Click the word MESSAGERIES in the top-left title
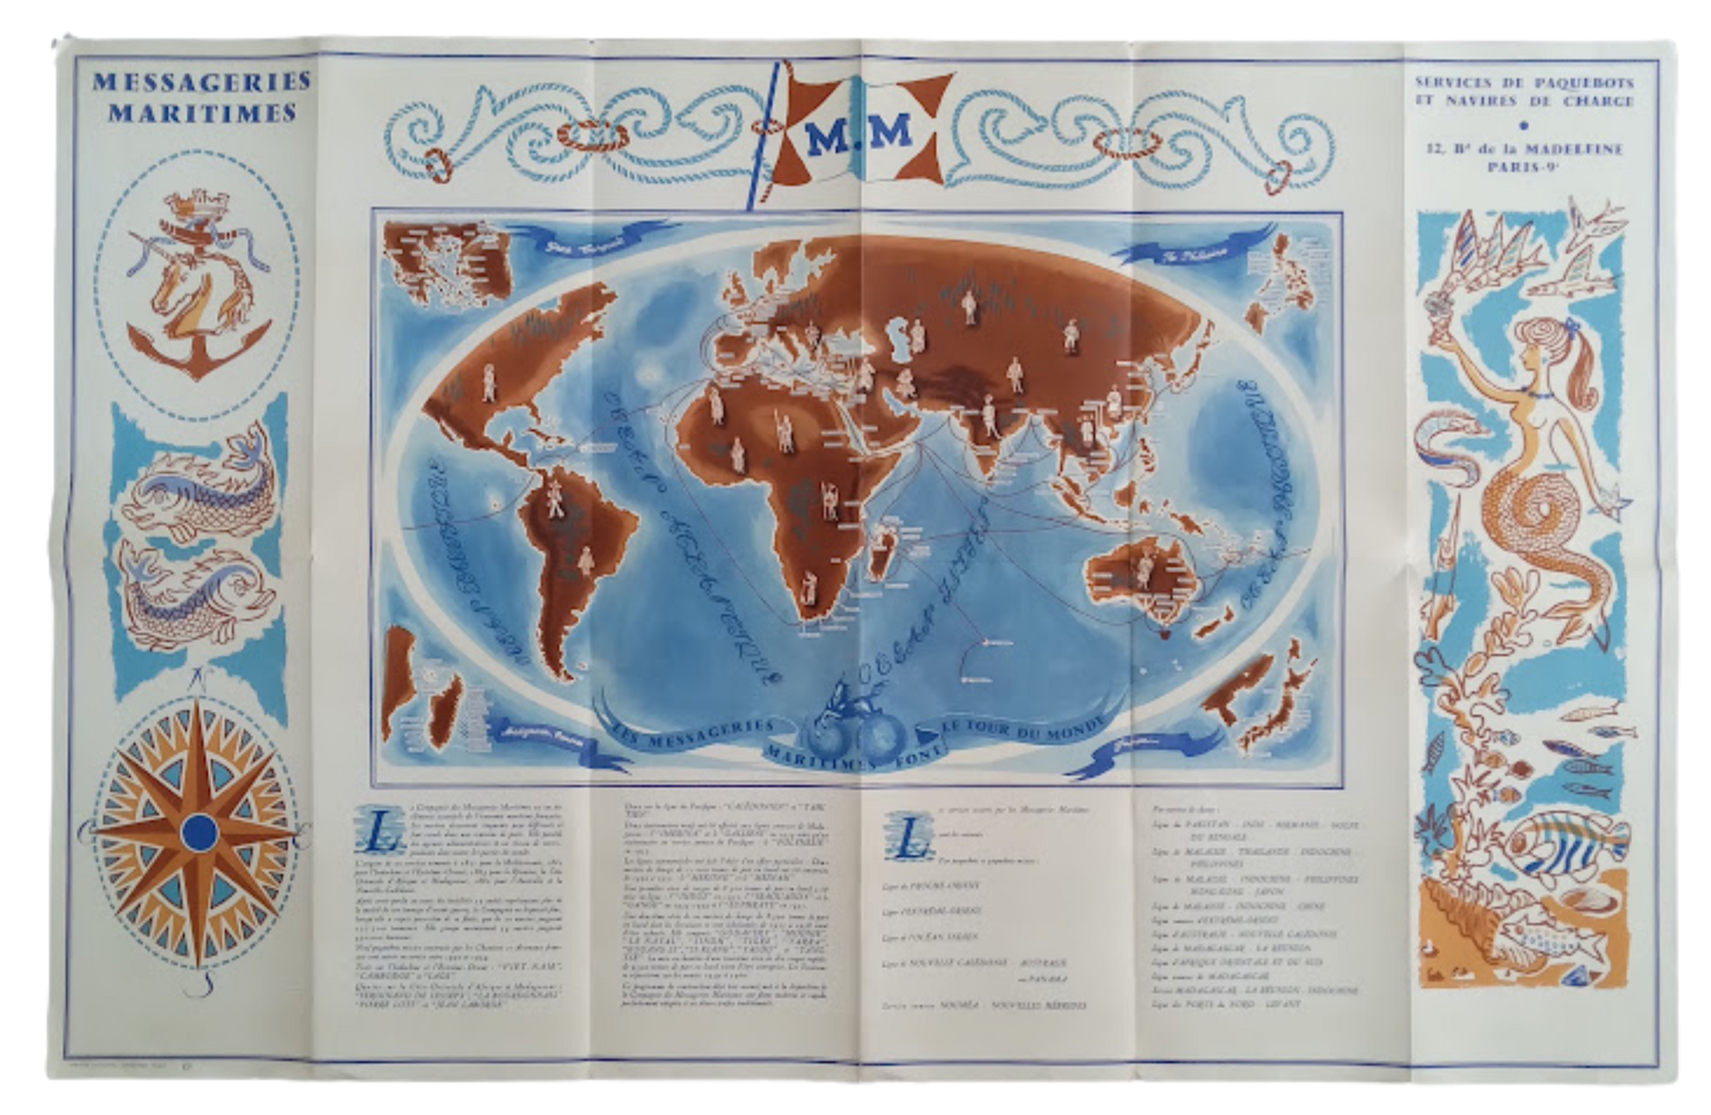coord(201,82)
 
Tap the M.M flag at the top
coord(858,132)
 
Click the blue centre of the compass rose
coord(200,831)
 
